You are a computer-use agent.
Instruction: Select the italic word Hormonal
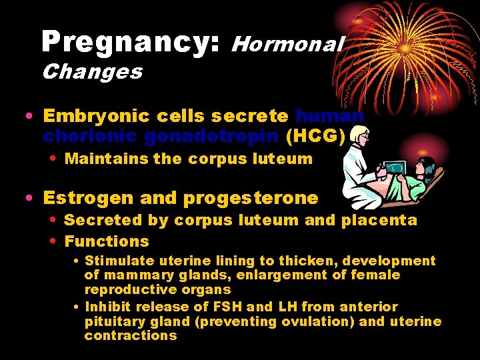tap(287, 44)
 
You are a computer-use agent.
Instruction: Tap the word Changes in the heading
tap(92, 71)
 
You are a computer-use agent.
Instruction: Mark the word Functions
tap(107, 241)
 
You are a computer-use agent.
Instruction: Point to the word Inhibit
tap(109, 307)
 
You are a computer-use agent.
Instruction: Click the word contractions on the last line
tap(131, 335)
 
